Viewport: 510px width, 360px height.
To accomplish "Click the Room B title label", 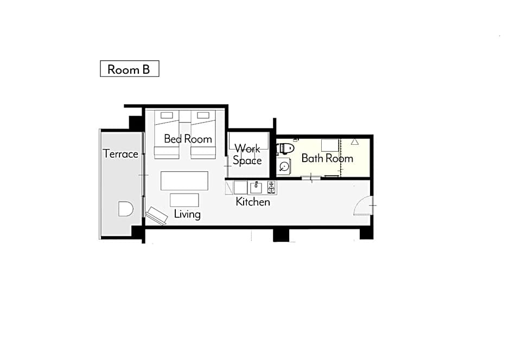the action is (130, 69).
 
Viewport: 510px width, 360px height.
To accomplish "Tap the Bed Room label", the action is (188, 139).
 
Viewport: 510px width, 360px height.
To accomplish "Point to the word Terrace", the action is (120, 153).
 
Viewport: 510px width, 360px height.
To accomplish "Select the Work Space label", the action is (247, 155).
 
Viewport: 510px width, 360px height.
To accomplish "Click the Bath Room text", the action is (327, 158).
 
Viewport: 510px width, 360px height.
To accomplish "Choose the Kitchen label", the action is (253, 202).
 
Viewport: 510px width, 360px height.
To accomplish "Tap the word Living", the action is (187, 214).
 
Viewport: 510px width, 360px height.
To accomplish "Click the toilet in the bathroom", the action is (285, 149).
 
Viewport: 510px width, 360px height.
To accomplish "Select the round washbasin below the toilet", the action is (284, 166).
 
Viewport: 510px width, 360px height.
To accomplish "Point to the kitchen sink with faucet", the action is (256, 188).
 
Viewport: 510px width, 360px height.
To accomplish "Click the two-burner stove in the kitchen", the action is (272, 188).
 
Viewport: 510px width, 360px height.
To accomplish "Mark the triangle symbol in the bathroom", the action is (355, 142).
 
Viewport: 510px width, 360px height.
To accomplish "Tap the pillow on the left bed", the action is (167, 115).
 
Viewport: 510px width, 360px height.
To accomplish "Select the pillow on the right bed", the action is (203, 115).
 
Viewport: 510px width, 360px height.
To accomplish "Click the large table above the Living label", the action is (184, 181).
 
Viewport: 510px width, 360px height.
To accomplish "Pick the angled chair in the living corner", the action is (157, 215).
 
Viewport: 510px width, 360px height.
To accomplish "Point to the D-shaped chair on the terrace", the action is (125, 209).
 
